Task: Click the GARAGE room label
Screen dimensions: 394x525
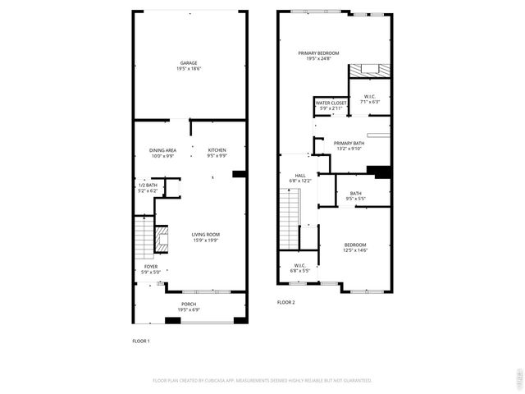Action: coord(189,66)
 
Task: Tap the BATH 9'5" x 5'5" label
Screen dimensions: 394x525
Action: coord(355,195)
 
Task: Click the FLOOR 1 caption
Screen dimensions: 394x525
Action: coord(141,341)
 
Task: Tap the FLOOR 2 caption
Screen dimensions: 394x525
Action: coord(285,302)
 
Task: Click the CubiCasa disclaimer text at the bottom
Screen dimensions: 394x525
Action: coord(262,380)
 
